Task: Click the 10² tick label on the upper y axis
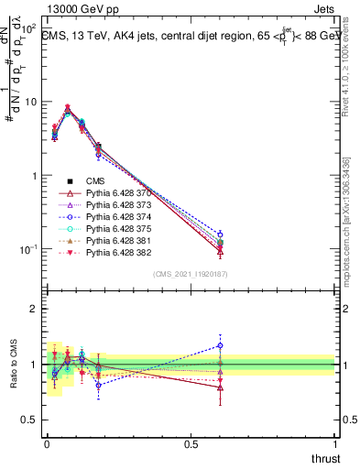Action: (28, 28)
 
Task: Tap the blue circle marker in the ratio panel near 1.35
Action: (220, 345)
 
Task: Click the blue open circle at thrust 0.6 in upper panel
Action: (220, 234)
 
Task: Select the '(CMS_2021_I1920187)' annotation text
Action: (191, 273)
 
